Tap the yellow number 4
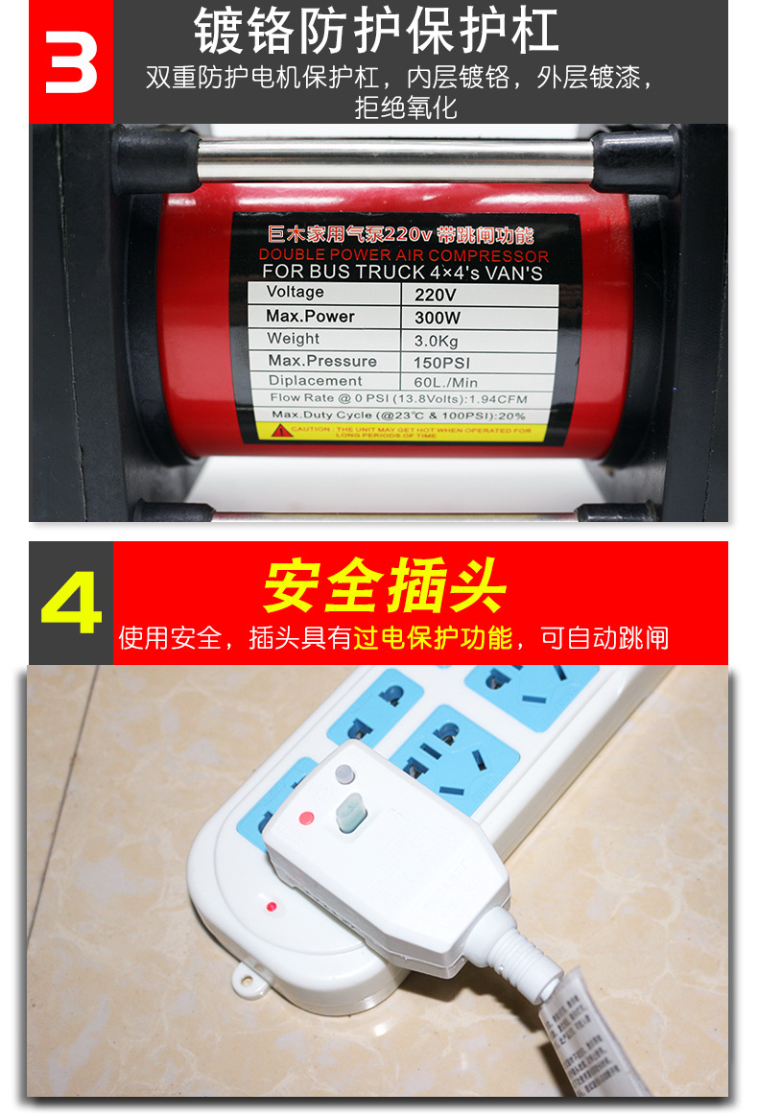point(71,604)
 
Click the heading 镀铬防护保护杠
point(376,31)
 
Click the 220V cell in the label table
point(437,295)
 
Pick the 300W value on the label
point(438,318)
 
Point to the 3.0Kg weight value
point(438,341)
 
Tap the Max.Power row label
point(311,316)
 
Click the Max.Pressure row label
point(322,361)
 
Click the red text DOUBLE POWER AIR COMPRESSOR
point(403,255)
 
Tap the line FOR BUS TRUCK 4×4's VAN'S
point(402,273)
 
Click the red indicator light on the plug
point(307,819)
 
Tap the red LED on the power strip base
point(272,906)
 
